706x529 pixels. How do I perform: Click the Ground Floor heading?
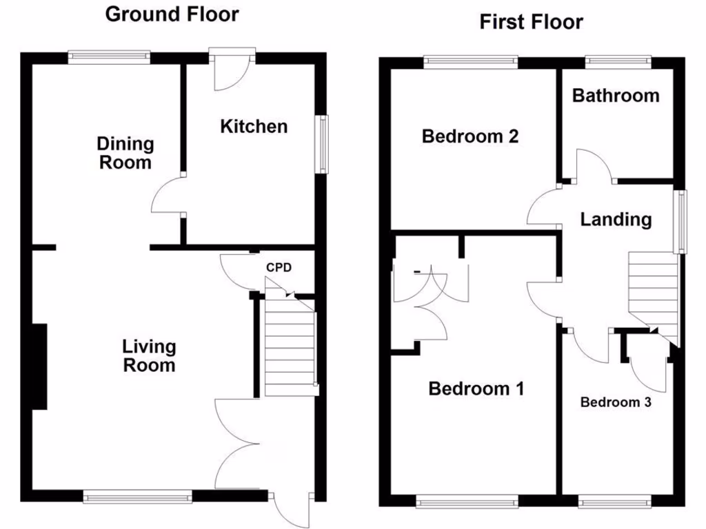172,14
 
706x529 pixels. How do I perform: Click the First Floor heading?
531,22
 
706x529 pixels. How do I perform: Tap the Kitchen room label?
254,126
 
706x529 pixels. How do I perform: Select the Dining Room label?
125,153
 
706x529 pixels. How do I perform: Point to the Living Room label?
149,355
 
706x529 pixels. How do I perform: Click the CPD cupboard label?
280,268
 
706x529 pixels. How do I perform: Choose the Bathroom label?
616,95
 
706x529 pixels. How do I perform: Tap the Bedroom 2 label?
470,136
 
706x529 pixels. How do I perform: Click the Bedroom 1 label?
476,388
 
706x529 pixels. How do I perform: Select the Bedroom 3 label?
616,402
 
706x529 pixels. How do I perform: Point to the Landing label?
616,219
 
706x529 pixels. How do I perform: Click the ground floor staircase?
290,348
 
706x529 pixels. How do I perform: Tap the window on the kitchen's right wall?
322,143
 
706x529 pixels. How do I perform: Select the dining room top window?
109,58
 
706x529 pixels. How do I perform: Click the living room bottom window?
137,495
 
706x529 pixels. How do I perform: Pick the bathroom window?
618,61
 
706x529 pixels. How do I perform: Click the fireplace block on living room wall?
39,366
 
